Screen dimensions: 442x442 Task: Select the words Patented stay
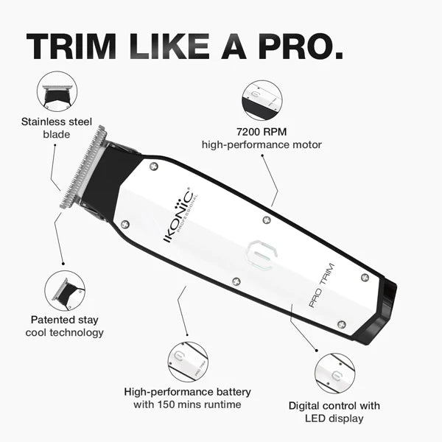[65, 320]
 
